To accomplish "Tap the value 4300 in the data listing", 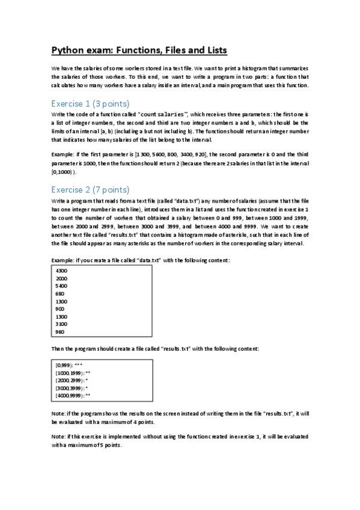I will click(x=61, y=271).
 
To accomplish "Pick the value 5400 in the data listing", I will click(x=61, y=286).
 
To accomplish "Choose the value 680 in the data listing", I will click(x=60, y=294).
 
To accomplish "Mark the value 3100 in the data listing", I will click(x=61, y=324).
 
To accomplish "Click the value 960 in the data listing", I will click(x=60, y=332).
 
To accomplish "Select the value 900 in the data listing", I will click(x=60, y=309).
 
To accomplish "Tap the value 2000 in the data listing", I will click(x=61, y=279).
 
